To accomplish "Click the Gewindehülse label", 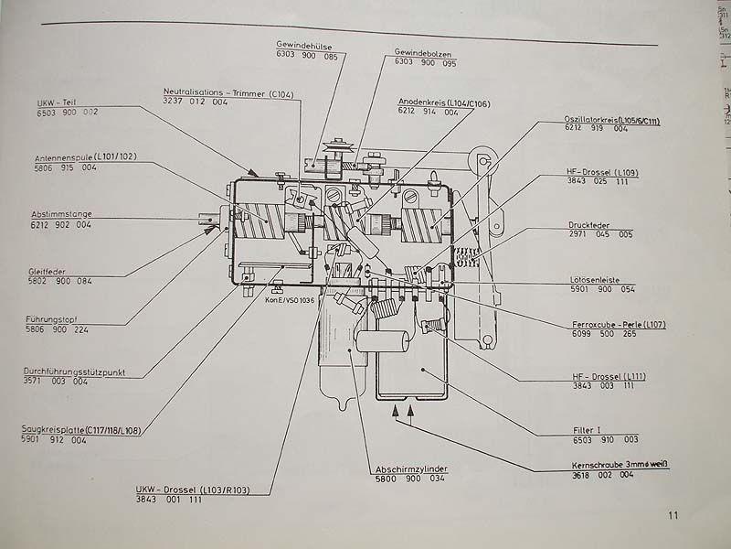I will point(306,44).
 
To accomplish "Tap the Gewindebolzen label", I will point(425,51).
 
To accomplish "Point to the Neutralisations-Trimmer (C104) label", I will point(228,93).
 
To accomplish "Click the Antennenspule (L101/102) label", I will point(85,157).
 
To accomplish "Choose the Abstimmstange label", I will point(61,214).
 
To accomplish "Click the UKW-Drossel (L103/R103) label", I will point(191,490).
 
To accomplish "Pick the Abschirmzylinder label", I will point(411,468).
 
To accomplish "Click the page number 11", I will point(673,515).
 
